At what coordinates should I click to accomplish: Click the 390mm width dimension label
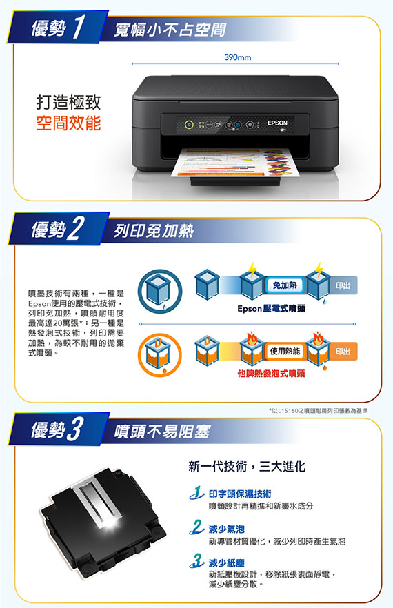point(237,57)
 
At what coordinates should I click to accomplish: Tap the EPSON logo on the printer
point(277,123)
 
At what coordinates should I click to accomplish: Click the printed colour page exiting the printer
point(233,162)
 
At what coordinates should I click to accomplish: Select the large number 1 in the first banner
point(79,27)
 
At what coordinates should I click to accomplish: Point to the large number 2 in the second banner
point(75,229)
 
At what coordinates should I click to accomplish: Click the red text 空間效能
point(69,123)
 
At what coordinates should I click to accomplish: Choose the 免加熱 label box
point(285,285)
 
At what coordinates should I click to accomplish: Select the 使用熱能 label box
point(285,352)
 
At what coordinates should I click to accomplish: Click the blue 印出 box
point(343,285)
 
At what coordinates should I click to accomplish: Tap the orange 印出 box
point(343,352)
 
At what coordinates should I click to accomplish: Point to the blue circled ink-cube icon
point(159,291)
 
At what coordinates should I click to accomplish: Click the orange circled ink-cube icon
point(159,355)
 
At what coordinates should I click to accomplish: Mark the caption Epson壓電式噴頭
point(271,309)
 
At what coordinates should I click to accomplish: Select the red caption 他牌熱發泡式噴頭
point(271,374)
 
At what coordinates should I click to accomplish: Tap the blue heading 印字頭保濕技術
point(240,494)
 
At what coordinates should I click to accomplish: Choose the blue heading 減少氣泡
point(227,529)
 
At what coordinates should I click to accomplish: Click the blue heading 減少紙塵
point(227,563)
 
